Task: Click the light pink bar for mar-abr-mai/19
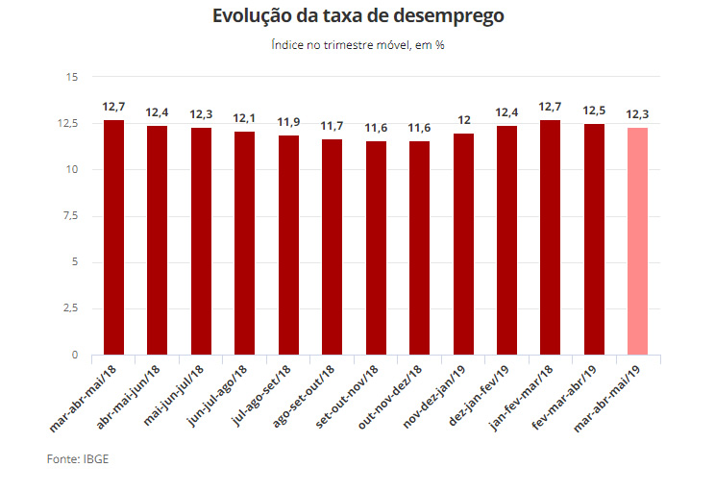coord(637,241)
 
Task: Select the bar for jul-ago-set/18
coord(288,245)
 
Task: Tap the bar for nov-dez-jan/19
coord(463,244)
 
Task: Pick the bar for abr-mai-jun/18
coord(158,240)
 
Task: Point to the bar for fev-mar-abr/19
coord(594,239)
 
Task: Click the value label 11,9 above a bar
coord(288,123)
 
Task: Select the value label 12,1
coord(245,117)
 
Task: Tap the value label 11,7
coord(333,126)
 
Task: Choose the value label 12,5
coord(594,111)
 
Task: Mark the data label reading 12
coord(463,120)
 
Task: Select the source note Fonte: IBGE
coord(78,459)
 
